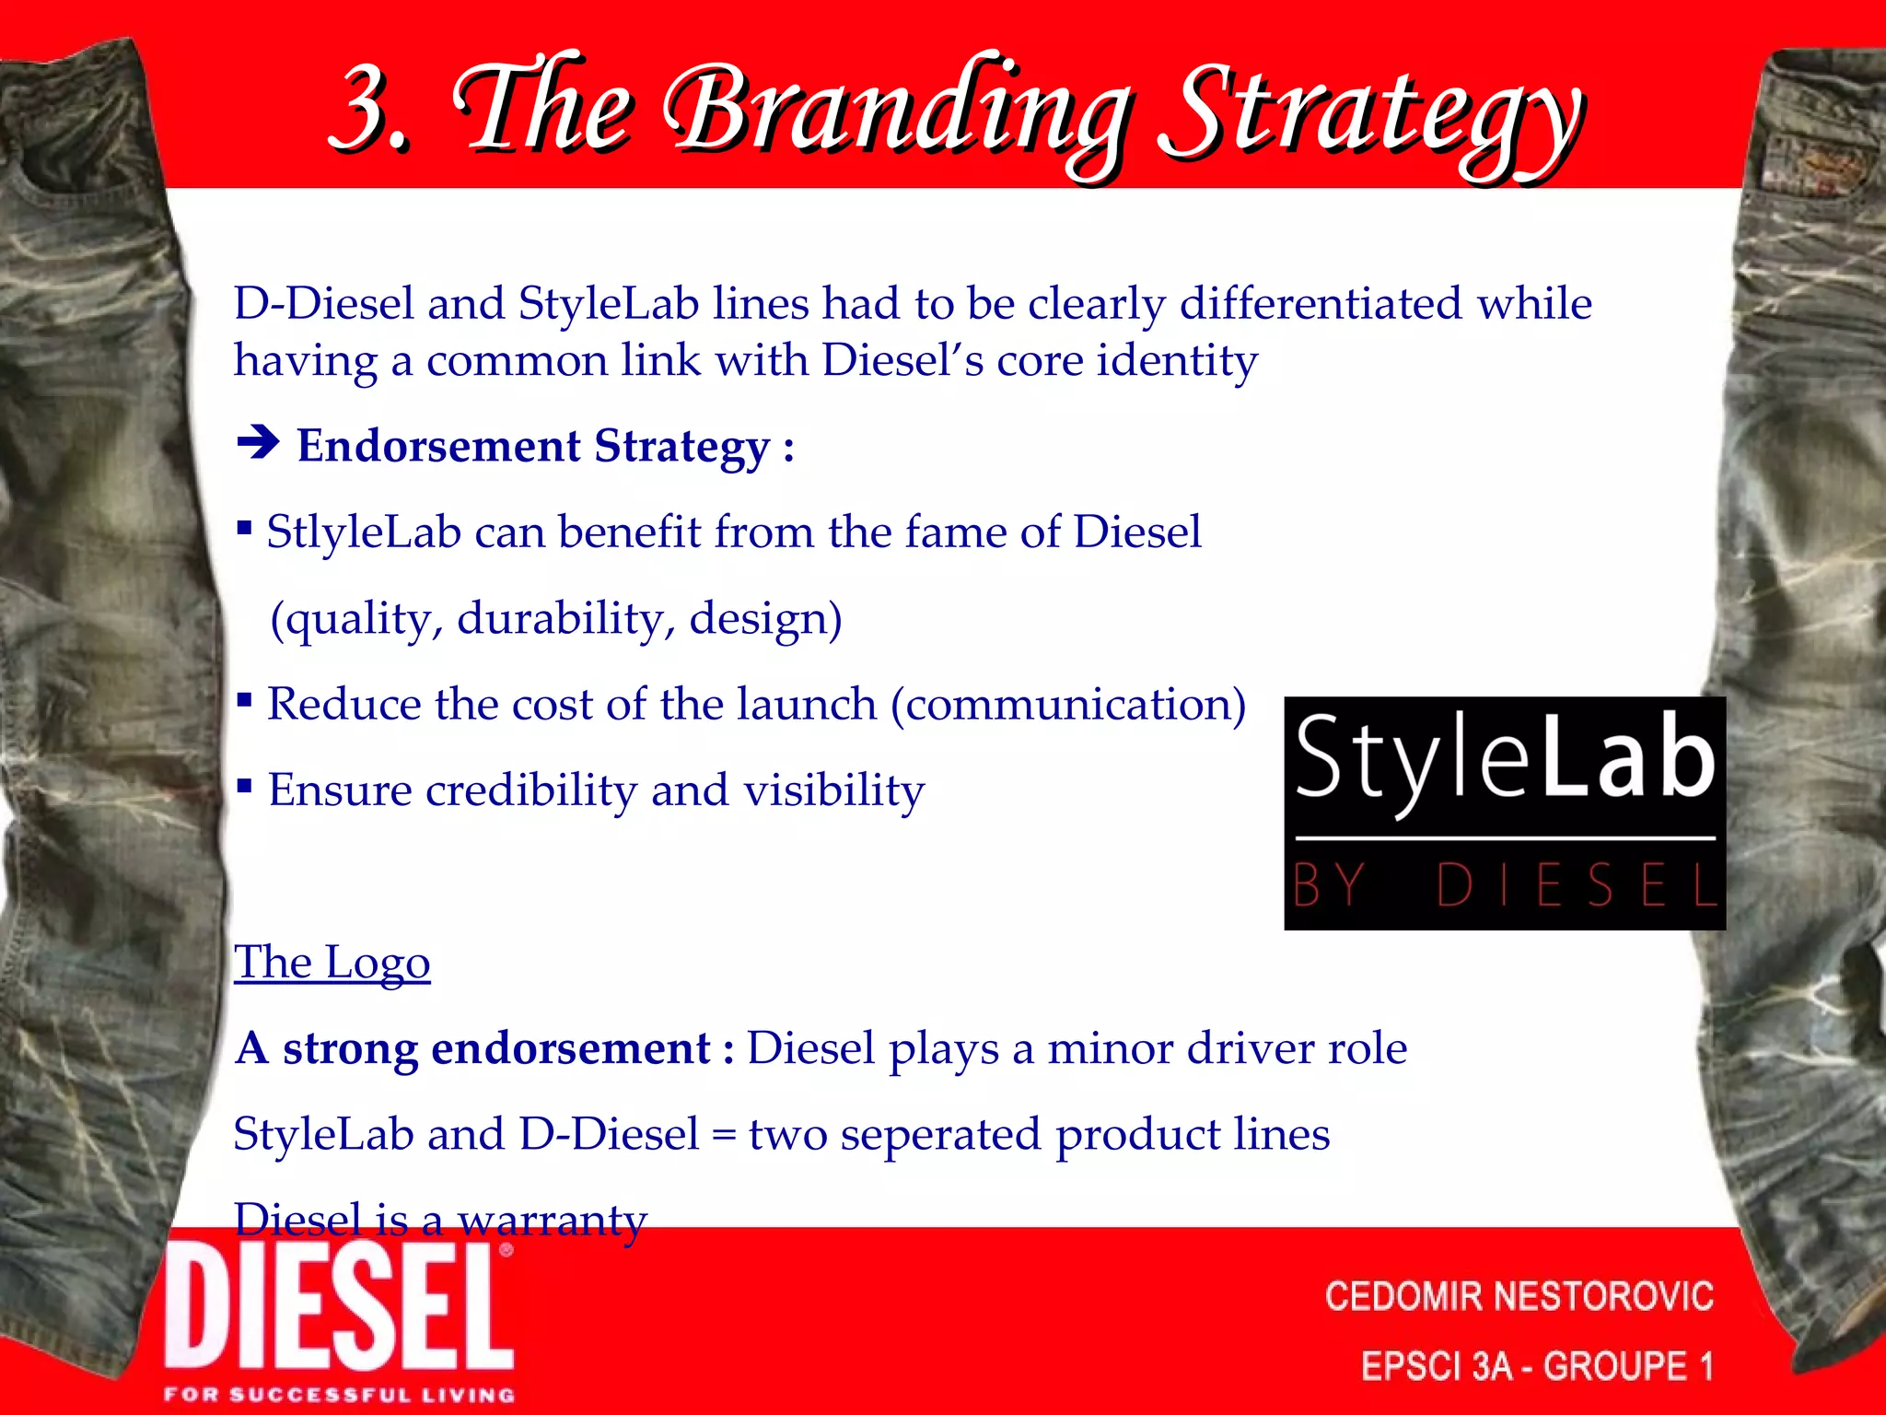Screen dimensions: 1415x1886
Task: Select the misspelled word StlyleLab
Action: (x=364, y=532)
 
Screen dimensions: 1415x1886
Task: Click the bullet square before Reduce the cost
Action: (x=244, y=701)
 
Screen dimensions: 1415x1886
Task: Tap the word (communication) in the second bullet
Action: (x=1068, y=705)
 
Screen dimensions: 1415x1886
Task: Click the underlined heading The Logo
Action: (x=332, y=963)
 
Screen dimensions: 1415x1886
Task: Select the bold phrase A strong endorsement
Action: (x=483, y=1048)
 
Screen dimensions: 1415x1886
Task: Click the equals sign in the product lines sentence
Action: (x=724, y=1136)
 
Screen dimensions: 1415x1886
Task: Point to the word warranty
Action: (x=553, y=1220)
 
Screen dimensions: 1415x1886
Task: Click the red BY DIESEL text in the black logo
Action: (x=1504, y=884)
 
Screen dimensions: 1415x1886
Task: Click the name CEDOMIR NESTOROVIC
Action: (x=1519, y=1296)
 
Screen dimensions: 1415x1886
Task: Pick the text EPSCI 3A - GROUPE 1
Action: (x=1536, y=1365)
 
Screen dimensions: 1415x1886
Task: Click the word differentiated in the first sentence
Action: (x=1321, y=304)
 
